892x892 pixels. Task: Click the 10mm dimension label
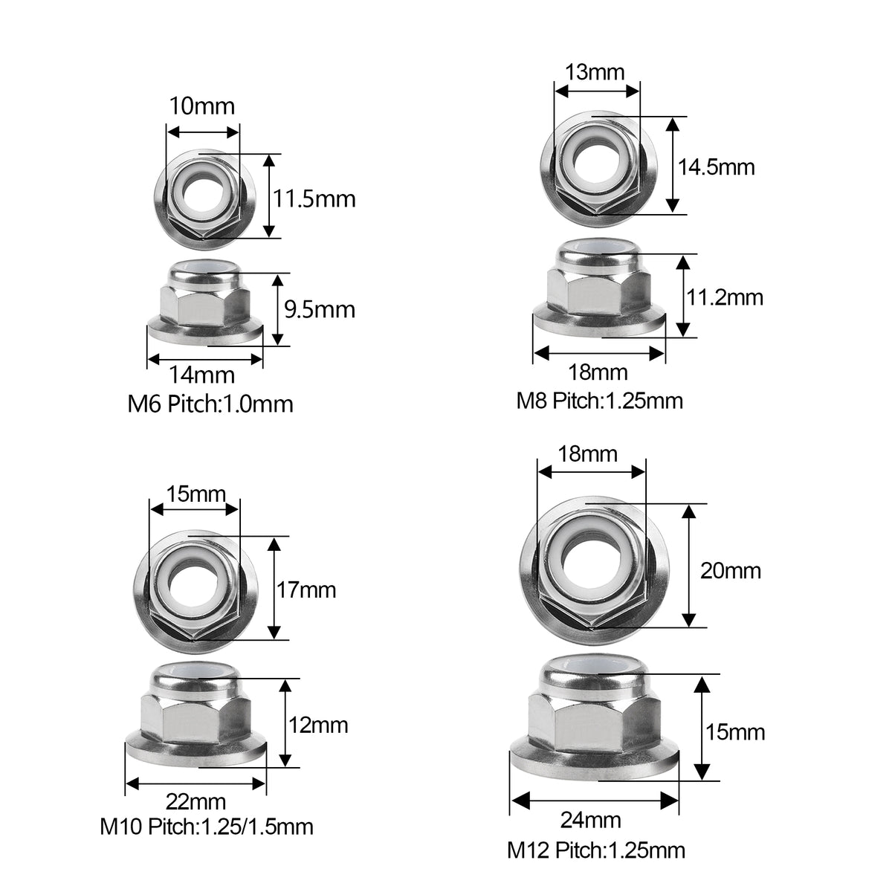click(x=201, y=106)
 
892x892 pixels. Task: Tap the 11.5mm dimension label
click(x=314, y=198)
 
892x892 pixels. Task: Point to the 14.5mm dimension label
click(x=716, y=167)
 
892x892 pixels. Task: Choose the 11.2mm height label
click(x=723, y=297)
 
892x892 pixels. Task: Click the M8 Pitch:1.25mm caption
click(x=599, y=401)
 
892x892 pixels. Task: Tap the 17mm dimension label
click(x=306, y=590)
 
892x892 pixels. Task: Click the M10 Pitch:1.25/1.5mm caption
click(x=207, y=826)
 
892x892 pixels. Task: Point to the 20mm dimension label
click(x=731, y=571)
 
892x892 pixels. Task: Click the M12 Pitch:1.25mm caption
click(x=596, y=850)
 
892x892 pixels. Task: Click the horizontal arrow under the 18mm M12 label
click(x=592, y=471)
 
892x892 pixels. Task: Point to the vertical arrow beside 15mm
click(x=702, y=728)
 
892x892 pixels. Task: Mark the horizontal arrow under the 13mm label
click(x=597, y=91)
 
